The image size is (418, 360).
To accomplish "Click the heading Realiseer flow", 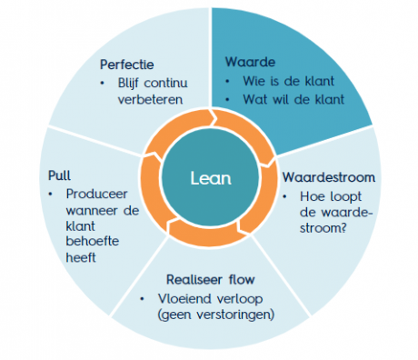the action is (x=208, y=279).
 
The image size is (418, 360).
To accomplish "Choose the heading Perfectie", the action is (x=127, y=65).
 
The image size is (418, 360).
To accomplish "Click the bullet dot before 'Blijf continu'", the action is (x=109, y=84).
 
